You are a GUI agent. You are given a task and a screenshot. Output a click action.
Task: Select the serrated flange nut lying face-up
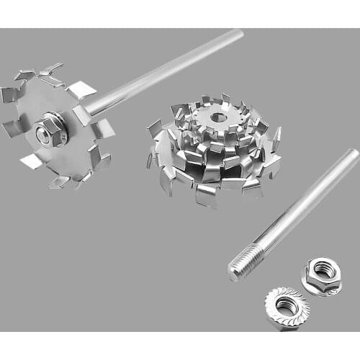pyautogui.click(x=287, y=307)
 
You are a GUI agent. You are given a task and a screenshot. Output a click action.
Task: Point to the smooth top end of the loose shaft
pyautogui.click(x=352, y=156)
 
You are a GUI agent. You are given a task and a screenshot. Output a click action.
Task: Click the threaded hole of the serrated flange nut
pyautogui.click(x=287, y=306)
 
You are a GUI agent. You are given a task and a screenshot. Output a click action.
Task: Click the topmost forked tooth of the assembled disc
pyautogui.click(x=50, y=70)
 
